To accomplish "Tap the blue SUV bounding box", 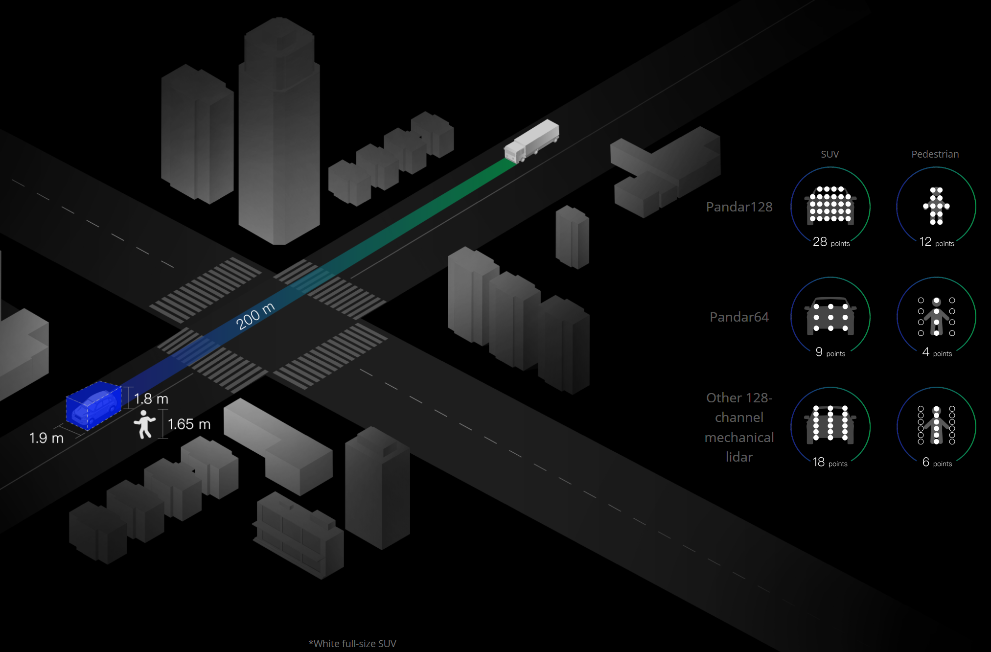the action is pyautogui.click(x=94, y=405).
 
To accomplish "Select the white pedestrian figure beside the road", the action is pyautogui.click(x=144, y=424).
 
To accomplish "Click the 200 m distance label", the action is pyautogui.click(x=255, y=316).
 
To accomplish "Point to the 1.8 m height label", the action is pyautogui.click(x=151, y=399).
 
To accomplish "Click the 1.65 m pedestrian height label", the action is pyautogui.click(x=189, y=424).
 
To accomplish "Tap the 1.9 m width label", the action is pyautogui.click(x=46, y=438).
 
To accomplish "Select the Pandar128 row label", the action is pyautogui.click(x=739, y=207).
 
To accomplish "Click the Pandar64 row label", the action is pyautogui.click(x=739, y=317).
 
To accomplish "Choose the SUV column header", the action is pyautogui.click(x=830, y=154).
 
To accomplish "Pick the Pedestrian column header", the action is pyautogui.click(x=935, y=154).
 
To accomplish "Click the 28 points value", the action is pyautogui.click(x=831, y=242).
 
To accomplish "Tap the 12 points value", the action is pyautogui.click(x=937, y=242).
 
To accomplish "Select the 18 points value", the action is pyautogui.click(x=830, y=462).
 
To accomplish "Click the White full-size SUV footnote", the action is pyautogui.click(x=352, y=644).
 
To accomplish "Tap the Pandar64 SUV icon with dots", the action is pyautogui.click(x=830, y=316).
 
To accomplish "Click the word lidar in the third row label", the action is pyautogui.click(x=739, y=457).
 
